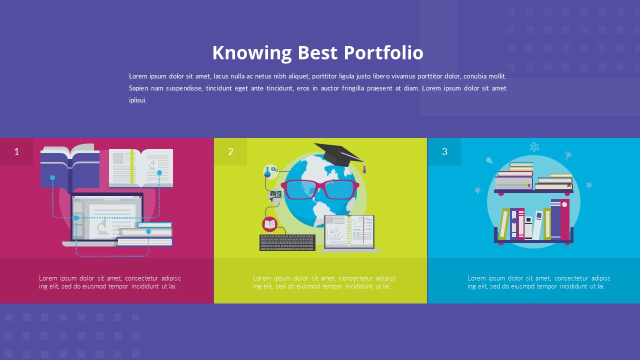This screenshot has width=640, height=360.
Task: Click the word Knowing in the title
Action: click(x=251, y=53)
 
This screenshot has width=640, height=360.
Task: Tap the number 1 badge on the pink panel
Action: click(x=16, y=151)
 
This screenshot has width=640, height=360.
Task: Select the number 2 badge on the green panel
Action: click(x=230, y=151)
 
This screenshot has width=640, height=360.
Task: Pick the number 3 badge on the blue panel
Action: click(x=444, y=151)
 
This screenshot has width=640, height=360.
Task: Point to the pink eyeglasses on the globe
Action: click(x=320, y=189)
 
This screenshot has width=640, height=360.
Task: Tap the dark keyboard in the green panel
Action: click(x=287, y=242)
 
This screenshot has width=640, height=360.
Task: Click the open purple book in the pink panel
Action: click(x=70, y=165)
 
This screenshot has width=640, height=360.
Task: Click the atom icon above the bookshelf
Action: click(x=534, y=147)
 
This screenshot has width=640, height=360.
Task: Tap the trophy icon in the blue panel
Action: click(x=568, y=155)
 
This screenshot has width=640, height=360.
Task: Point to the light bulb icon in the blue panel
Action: click(x=490, y=161)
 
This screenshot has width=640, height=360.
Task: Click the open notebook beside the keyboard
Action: click(x=349, y=231)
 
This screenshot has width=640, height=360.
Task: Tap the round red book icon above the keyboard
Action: click(x=269, y=224)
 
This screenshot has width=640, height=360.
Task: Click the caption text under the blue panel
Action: click(x=539, y=282)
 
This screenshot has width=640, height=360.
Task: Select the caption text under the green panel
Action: click(x=324, y=282)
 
